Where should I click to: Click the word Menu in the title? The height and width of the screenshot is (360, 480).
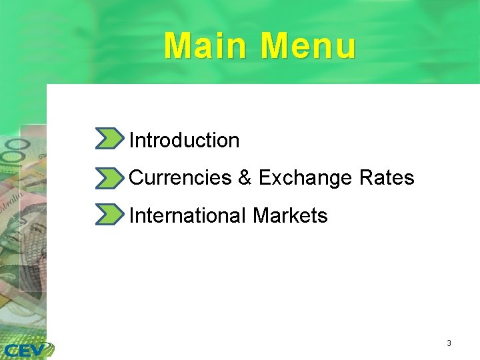[x=308, y=46]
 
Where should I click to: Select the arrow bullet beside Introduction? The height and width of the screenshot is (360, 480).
[x=109, y=139]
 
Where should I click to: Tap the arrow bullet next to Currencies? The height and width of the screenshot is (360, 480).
[x=109, y=177]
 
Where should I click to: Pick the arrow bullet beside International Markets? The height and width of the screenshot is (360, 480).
[x=109, y=215]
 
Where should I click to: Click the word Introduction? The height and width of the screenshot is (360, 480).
[x=184, y=140]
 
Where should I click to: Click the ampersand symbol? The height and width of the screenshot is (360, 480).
[x=244, y=178]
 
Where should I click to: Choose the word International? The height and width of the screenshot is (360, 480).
[x=188, y=215]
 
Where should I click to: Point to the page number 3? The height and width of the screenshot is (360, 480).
[x=449, y=343]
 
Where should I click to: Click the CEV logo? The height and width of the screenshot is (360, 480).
[x=27, y=349]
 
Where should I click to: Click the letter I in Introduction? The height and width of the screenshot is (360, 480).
[x=131, y=140]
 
